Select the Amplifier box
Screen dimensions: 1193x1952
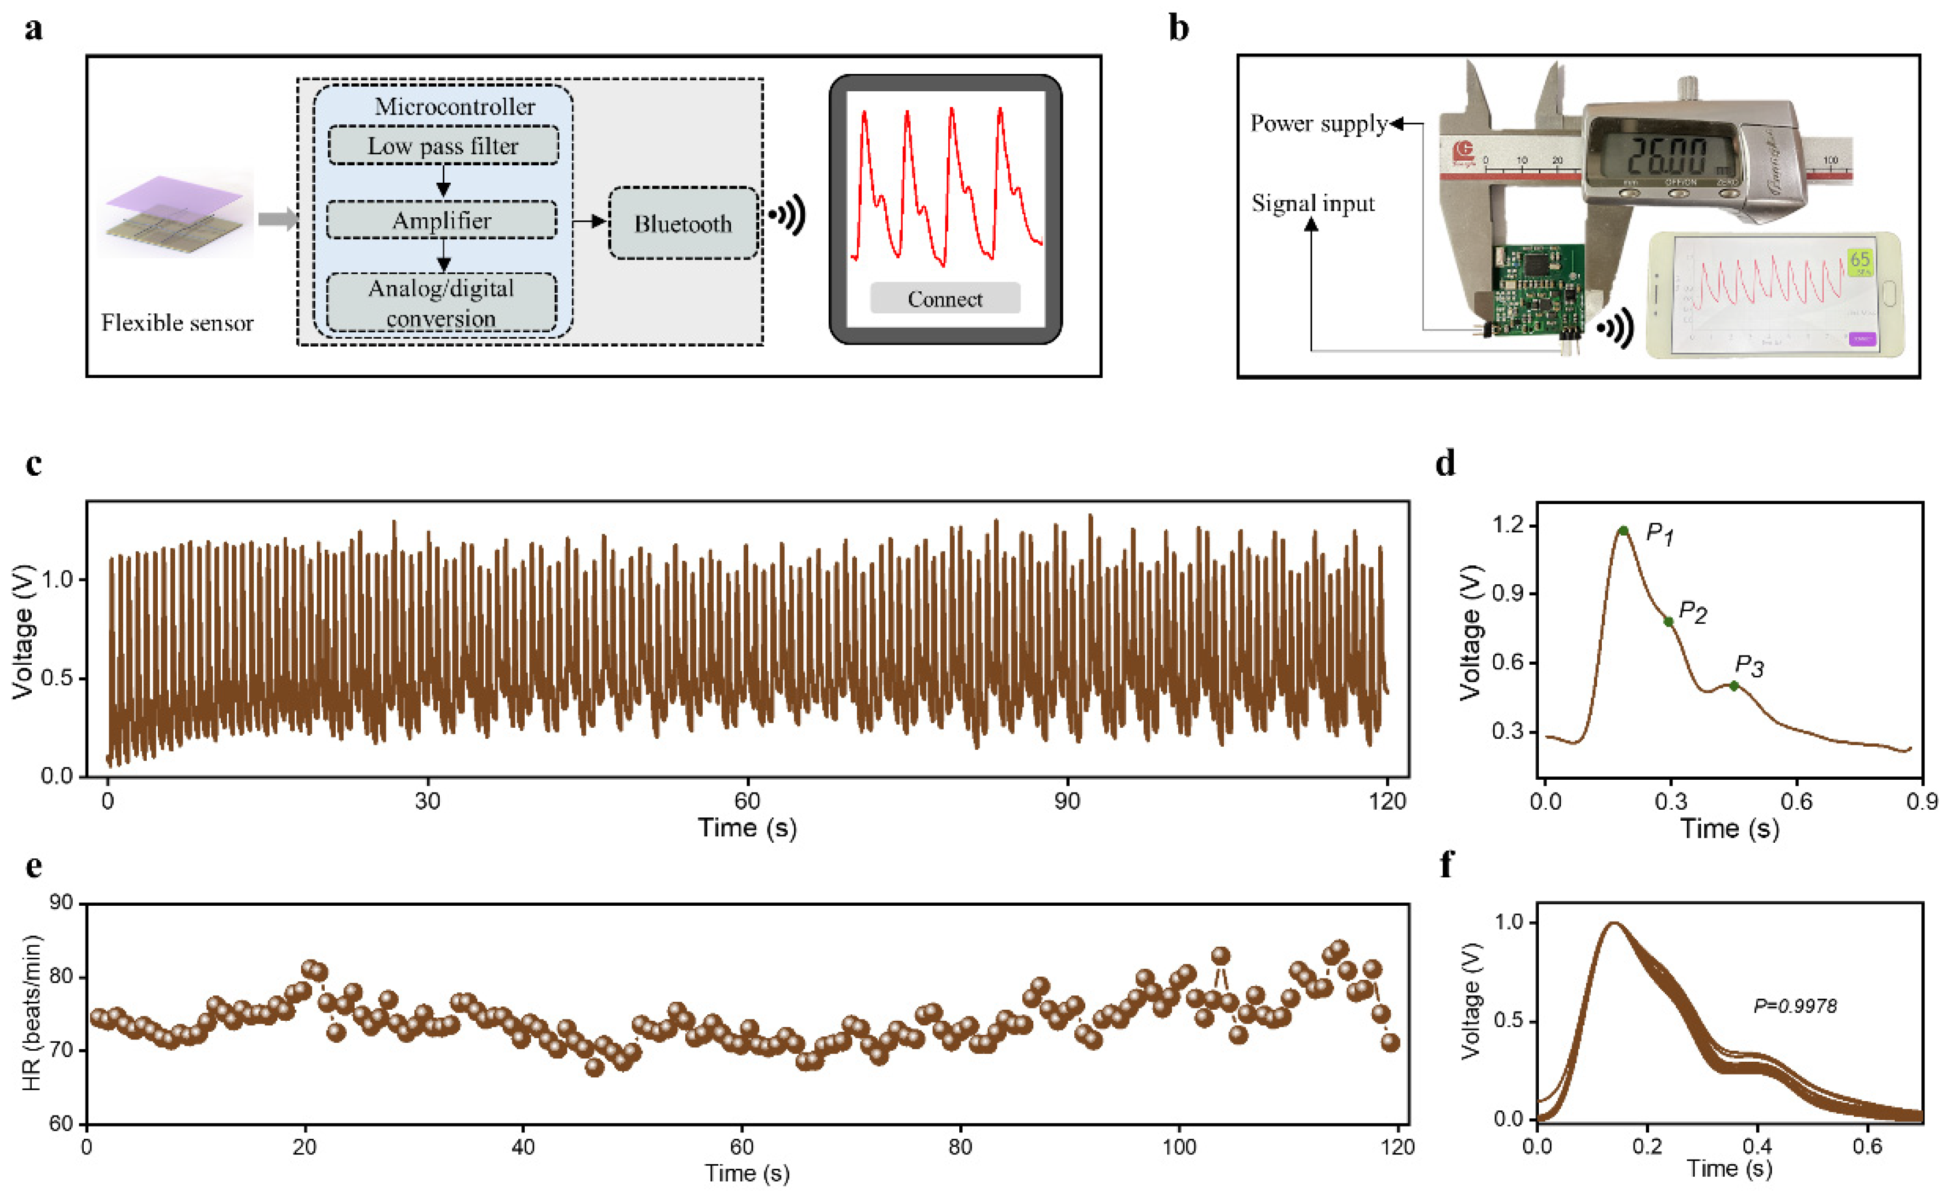tap(441, 220)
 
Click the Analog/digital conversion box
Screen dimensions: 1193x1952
tap(441, 303)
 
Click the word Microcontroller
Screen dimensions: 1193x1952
tap(454, 106)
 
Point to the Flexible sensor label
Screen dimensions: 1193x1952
tap(177, 323)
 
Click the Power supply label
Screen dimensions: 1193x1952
tap(1318, 124)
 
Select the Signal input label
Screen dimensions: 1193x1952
tap(1313, 203)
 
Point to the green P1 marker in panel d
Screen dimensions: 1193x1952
tap(1623, 531)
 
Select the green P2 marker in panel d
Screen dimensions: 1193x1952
tap(1668, 622)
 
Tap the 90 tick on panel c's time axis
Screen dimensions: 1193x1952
tap(1066, 801)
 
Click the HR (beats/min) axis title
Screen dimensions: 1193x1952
tap(32, 1013)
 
